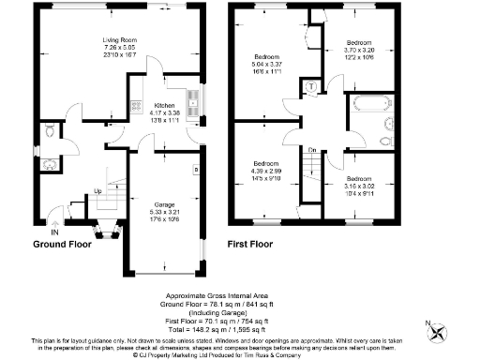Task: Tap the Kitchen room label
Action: pyautogui.click(x=165, y=106)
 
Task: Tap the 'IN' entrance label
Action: pyautogui.click(x=54, y=232)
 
